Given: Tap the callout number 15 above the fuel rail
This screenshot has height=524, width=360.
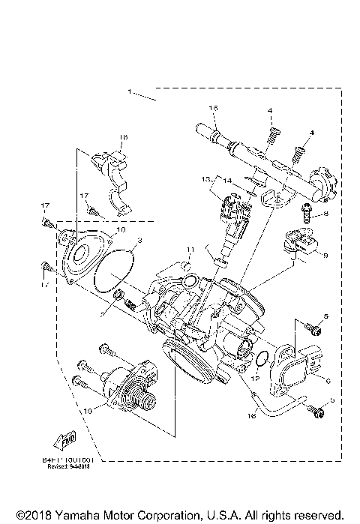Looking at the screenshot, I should click(x=213, y=109).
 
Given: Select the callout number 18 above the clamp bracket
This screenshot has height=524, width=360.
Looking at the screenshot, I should click(x=124, y=137).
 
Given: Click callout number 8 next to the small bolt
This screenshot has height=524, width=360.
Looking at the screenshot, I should click(x=326, y=214).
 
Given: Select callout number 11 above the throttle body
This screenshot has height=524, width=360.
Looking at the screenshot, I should click(x=190, y=250).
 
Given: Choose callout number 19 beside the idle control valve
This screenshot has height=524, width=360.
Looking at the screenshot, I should click(x=89, y=411).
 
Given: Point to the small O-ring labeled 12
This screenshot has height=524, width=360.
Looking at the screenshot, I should click(x=259, y=361).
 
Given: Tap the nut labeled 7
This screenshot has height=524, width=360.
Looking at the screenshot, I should click(x=117, y=301).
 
